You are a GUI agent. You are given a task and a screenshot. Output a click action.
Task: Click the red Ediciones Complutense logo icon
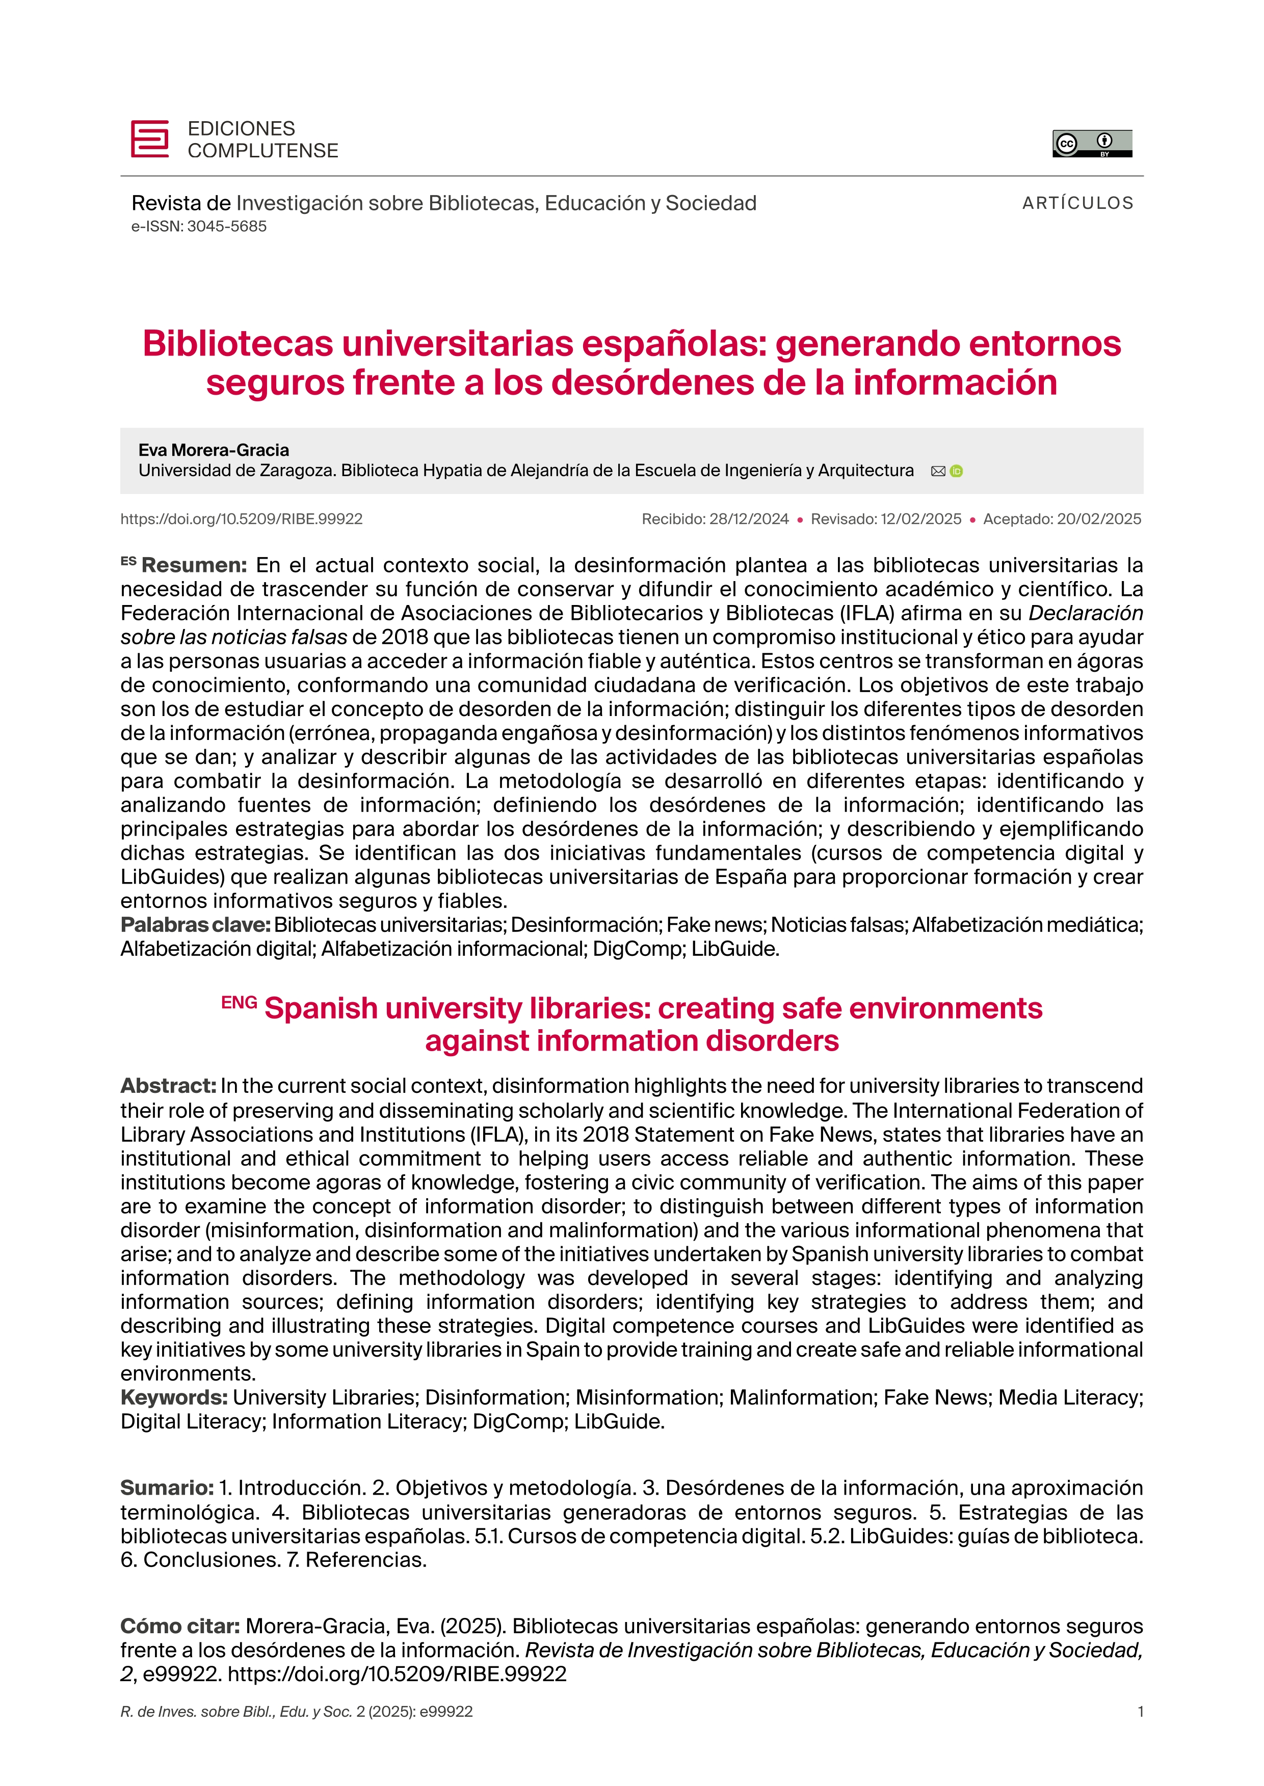(x=149, y=139)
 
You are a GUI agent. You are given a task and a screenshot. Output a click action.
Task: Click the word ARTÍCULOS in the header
(x=1077, y=203)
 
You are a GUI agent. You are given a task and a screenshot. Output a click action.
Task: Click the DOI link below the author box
(x=241, y=519)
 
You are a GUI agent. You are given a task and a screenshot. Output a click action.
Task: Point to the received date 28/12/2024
(x=749, y=519)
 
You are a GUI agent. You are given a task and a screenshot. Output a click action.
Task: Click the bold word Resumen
(x=193, y=565)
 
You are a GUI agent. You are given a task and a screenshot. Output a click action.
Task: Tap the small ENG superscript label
(x=239, y=1003)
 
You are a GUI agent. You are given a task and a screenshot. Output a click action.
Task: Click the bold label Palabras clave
(x=195, y=925)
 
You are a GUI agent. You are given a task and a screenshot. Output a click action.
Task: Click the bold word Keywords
(x=174, y=1397)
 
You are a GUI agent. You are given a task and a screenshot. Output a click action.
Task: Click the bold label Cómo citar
(x=180, y=1626)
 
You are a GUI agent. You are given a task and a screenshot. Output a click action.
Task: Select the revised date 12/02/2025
(x=921, y=519)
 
